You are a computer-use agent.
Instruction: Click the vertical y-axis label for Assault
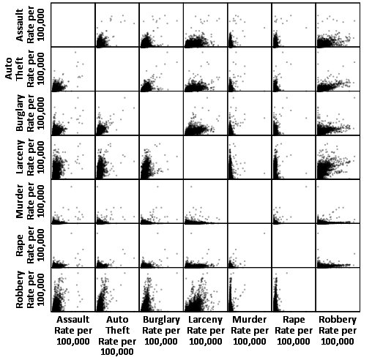coord(33,24)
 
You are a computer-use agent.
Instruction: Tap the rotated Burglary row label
coord(33,113)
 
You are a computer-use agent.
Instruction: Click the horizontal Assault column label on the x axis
coord(73,330)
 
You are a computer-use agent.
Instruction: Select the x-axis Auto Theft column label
coord(117,335)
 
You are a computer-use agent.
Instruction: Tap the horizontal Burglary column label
coord(161,330)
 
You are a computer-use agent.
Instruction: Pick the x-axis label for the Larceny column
coord(205,330)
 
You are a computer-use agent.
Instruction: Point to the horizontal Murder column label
coord(249,330)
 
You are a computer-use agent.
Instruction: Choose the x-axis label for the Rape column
coord(293,330)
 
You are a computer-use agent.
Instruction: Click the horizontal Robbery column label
coord(337,330)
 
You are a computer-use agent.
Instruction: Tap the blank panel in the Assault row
coord(73,24)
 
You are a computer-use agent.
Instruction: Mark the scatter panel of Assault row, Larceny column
coord(205,24)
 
